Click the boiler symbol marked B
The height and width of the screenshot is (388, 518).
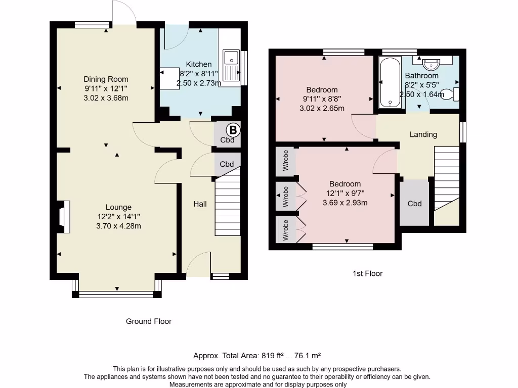tap(233, 130)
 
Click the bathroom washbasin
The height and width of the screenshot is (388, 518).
tap(431, 64)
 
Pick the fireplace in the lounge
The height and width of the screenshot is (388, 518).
tap(63, 217)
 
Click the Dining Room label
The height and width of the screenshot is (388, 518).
tap(106, 79)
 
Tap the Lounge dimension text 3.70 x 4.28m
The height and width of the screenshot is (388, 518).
tap(118, 226)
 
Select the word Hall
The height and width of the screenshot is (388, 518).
tap(200, 204)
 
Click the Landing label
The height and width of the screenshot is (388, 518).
tap(423, 134)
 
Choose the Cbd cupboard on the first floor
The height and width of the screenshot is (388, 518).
tap(414, 203)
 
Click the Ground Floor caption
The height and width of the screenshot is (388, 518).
tap(149, 321)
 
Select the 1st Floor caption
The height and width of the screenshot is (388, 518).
tap(367, 273)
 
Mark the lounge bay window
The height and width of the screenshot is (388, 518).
tap(117, 293)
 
